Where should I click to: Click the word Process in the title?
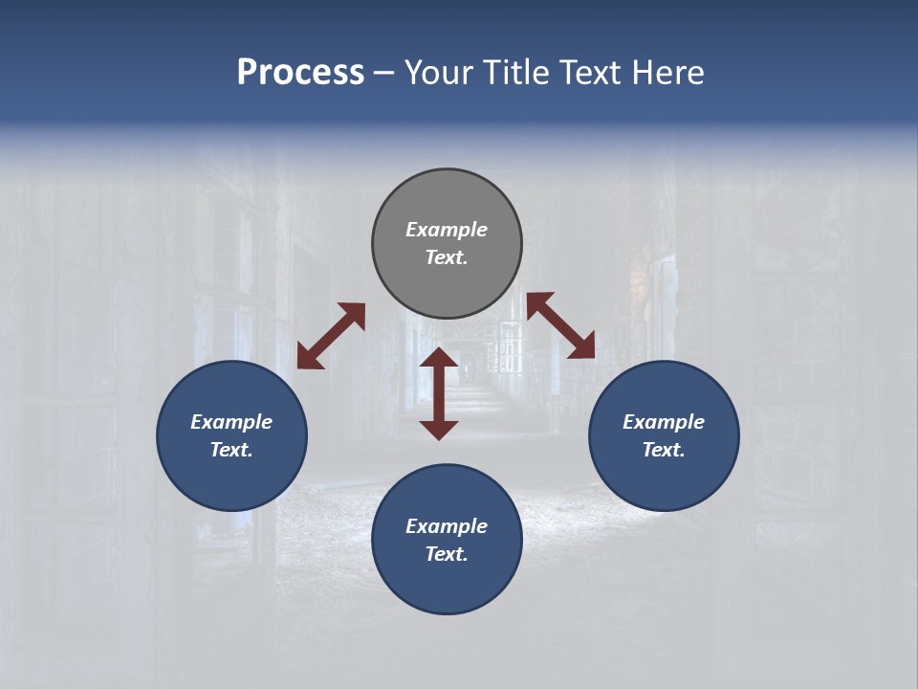tap(300, 73)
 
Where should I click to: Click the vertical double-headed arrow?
tap(439, 393)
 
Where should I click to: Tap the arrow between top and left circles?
tap(331, 336)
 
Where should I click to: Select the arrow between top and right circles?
tap(561, 325)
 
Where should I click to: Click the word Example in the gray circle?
tap(447, 230)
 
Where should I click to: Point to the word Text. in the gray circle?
tap(447, 257)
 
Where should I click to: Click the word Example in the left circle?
tap(231, 422)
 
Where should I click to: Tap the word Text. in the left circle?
tap(231, 450)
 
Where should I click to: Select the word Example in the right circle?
tap(664, 422)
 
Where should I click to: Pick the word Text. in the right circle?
tap(664, 450)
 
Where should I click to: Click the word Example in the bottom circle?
tap(447, 526)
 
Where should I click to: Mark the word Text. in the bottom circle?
tap(447, 554)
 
